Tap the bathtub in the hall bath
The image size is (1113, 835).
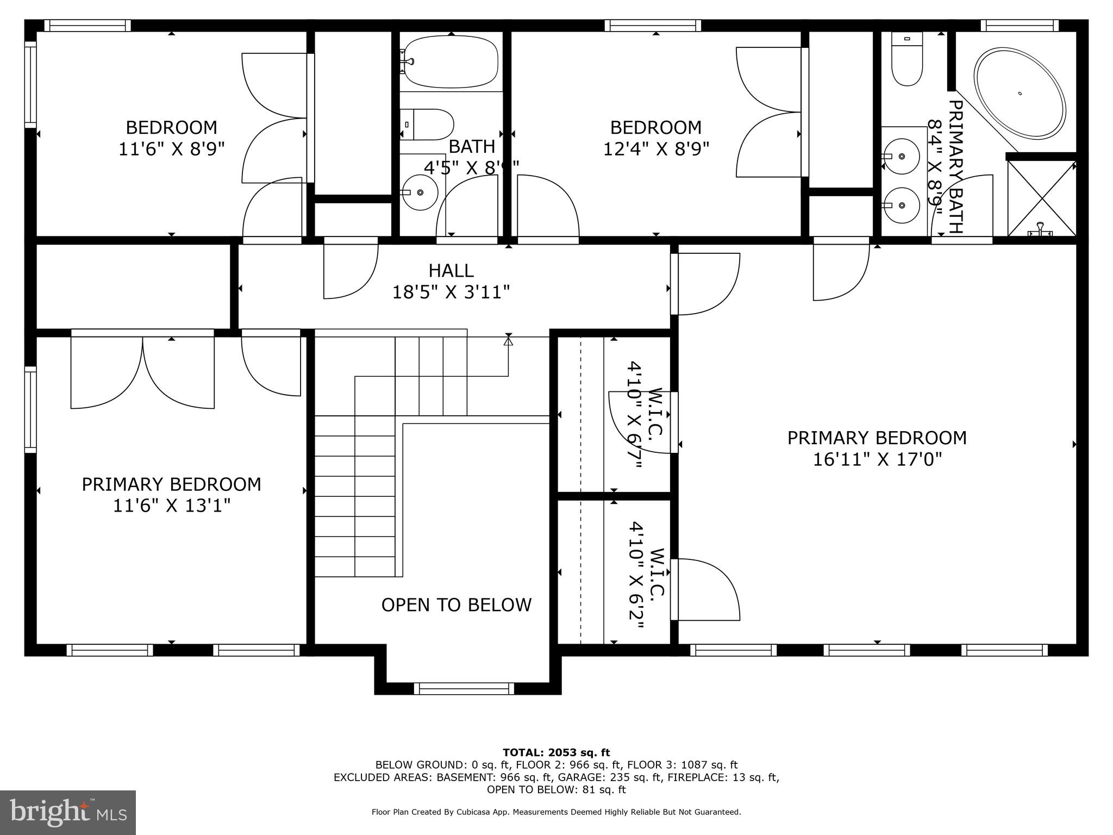click(451, 62)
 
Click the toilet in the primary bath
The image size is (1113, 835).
click(907, 60)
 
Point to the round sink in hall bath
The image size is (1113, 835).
click(420, 192)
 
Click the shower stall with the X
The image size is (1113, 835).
click(1041, 198)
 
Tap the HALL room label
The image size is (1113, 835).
click(451, 270)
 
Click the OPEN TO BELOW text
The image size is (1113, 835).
click(456, 605)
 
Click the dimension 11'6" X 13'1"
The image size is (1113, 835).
click(171, 506)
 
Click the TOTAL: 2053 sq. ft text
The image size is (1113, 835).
click(556, 752)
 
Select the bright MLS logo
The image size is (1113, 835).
click(68, 812)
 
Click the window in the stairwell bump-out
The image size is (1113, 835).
click(464, 689)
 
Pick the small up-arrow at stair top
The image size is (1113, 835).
click(508, 341)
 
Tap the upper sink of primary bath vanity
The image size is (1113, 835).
click(901, 157)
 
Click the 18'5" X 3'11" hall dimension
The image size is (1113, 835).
click(451, 292)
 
